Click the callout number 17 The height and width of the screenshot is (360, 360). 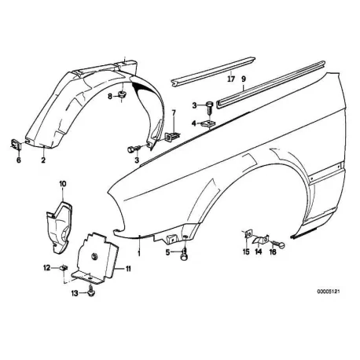tap(231, 79)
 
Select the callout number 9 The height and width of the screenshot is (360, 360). tap(244, 79)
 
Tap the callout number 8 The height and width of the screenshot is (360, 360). tap(110, 97)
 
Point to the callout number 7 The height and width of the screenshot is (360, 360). tap(174, 113)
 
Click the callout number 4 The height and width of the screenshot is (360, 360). tap(193, 123)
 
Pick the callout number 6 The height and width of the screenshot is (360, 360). tap(19, 160)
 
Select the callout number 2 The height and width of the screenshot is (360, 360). tap(43, 160)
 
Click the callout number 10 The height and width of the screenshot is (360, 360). tap(63, 184)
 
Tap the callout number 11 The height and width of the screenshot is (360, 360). tap(128, 269)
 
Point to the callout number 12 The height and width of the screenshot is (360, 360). tap(46, 268)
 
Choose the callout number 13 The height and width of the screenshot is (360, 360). tap(75, 293)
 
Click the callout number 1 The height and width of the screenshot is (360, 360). tap(139, 253)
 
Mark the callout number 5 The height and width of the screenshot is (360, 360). tap(167, 252)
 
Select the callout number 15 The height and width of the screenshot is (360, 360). tap(246, 252)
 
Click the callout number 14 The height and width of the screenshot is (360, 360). tap(259, 252)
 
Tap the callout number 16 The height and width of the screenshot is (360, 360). tap(273, 252)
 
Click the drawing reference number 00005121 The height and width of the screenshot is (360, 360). tap(329, 291)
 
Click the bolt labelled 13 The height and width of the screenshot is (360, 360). tap(91, 292)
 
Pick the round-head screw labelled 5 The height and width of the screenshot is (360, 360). tap(185, 255)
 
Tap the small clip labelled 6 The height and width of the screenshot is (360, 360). tap(16, 144)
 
